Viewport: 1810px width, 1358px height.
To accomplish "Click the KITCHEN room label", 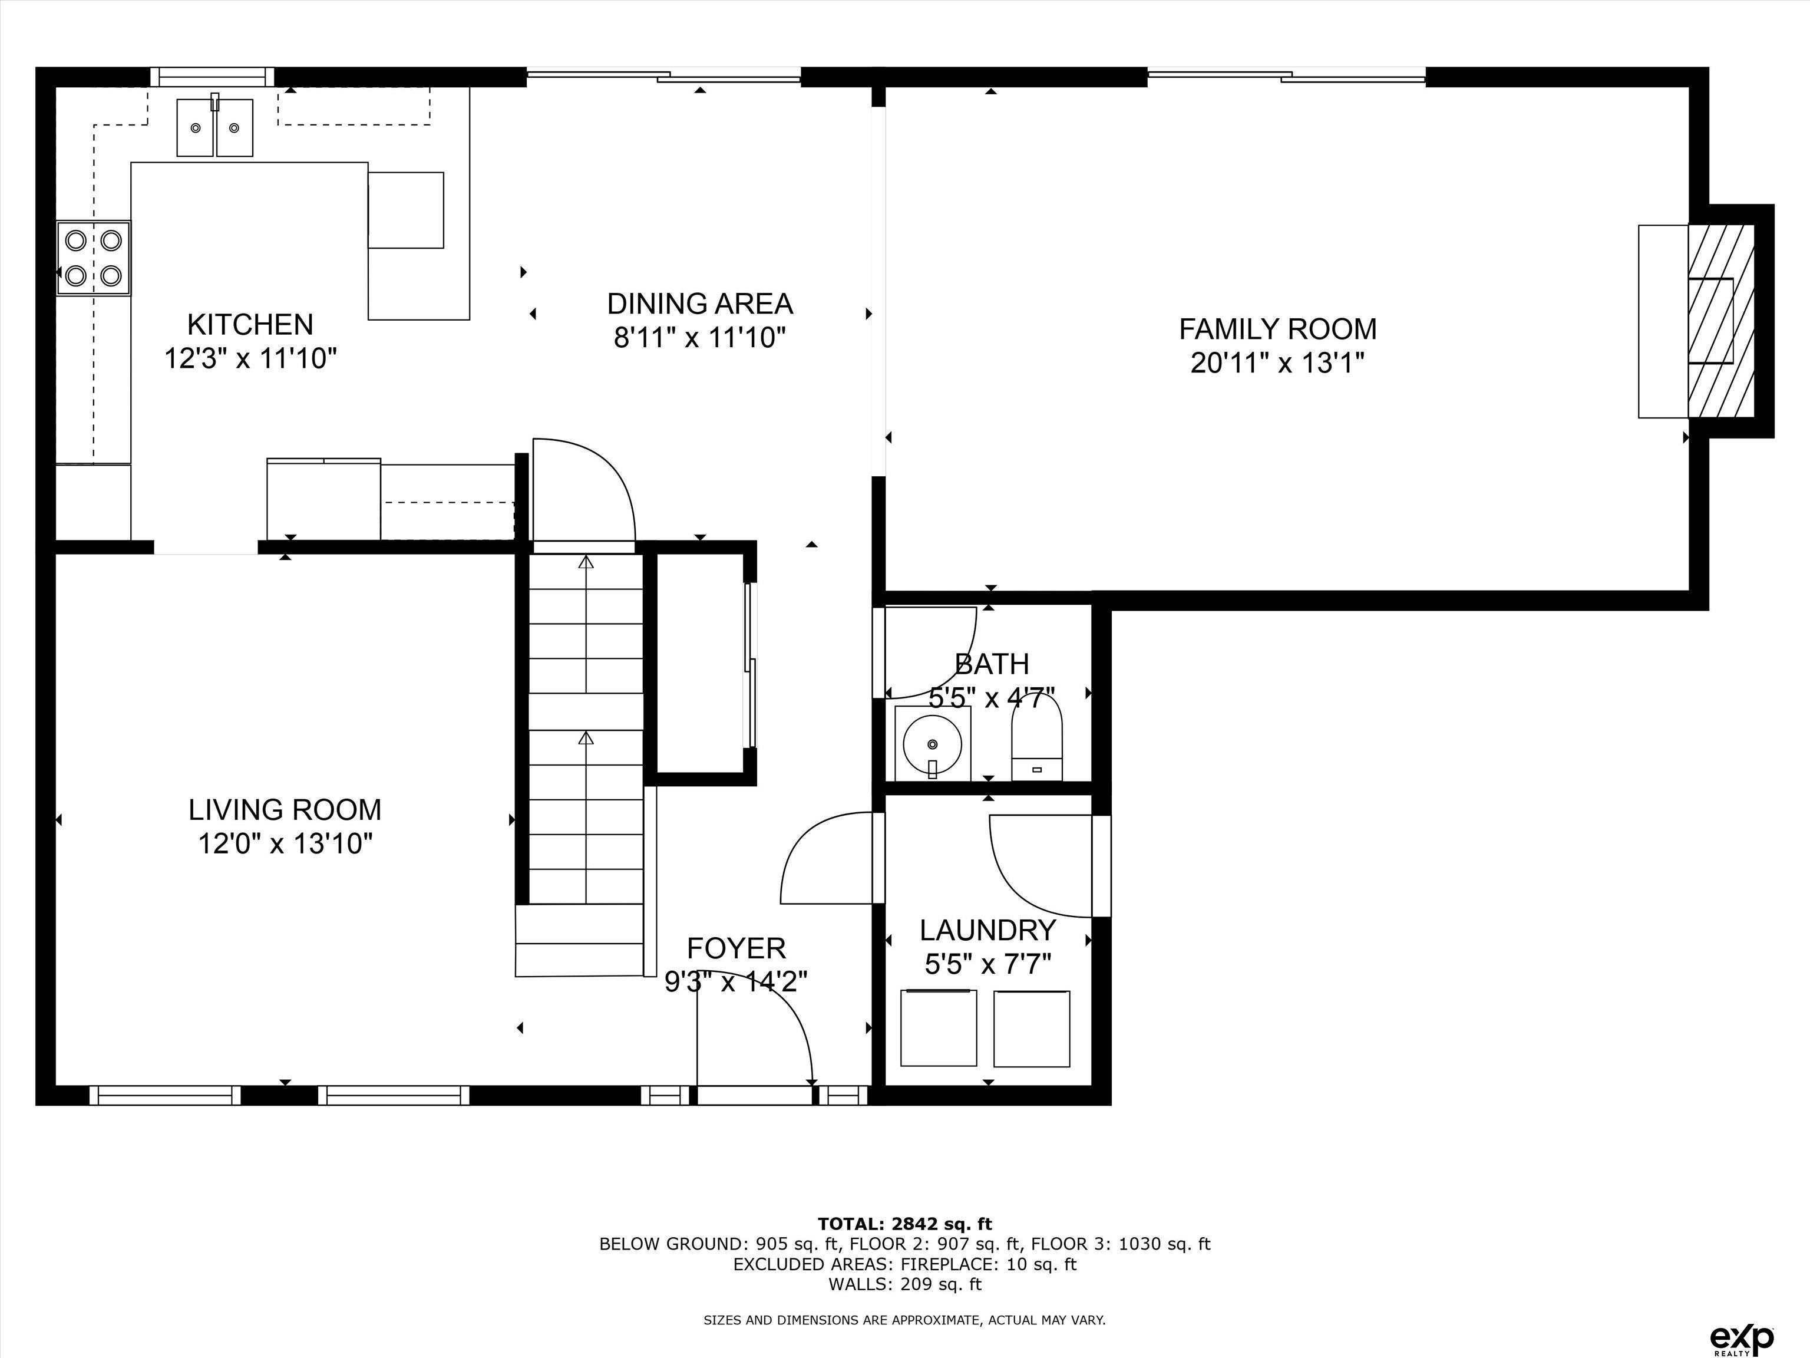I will click(250, 325).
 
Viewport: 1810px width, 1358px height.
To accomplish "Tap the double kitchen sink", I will click(214, 128).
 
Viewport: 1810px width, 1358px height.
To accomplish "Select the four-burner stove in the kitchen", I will click(93, 257).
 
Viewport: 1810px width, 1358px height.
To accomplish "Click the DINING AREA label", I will click(699, 304).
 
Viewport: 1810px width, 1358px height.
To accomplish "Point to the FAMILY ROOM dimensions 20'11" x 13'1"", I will click(1277, 362).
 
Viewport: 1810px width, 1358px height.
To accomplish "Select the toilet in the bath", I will click(1037, 741).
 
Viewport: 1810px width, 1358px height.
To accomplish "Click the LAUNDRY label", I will click(987, 931).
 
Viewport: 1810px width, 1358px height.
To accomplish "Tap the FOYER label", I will click(736, 948).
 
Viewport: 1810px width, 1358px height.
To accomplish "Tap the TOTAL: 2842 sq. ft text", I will click(904, 1224).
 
